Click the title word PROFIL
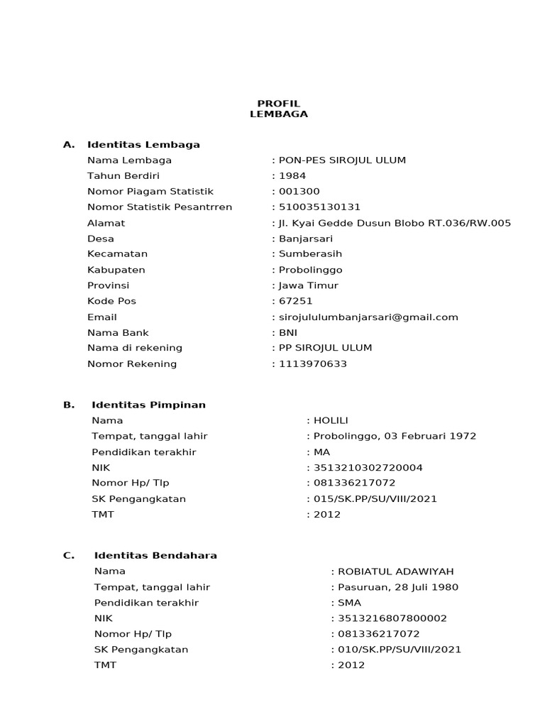click(278, 104)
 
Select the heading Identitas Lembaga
click(143, 145)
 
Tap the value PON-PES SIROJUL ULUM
click(342, 160)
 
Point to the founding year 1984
click(290, 176)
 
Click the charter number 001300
click(299, 192)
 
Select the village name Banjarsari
click(306, 239)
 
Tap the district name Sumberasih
click(310, 254)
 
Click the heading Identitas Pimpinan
click(148, 405)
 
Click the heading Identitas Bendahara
click(155, 556)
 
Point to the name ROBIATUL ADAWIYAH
click(396, 572)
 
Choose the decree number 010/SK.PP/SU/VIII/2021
click(400, 650)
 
